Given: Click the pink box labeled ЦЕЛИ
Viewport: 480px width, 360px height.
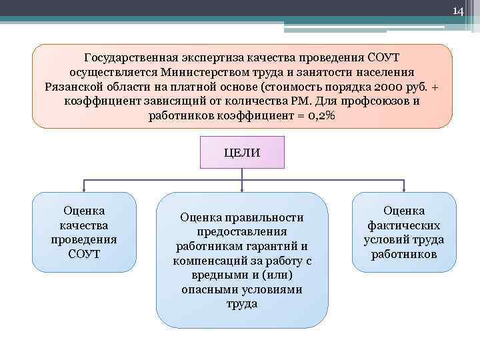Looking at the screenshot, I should point(242,153).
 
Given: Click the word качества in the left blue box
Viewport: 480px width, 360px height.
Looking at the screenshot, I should point(84,225).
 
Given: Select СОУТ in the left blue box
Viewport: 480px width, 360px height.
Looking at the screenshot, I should point(84,255).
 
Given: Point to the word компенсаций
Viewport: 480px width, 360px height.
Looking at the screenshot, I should point(212,261).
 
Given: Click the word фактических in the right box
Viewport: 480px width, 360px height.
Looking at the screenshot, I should point(403,225).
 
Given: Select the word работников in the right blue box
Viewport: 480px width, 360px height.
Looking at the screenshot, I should point(403,255).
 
